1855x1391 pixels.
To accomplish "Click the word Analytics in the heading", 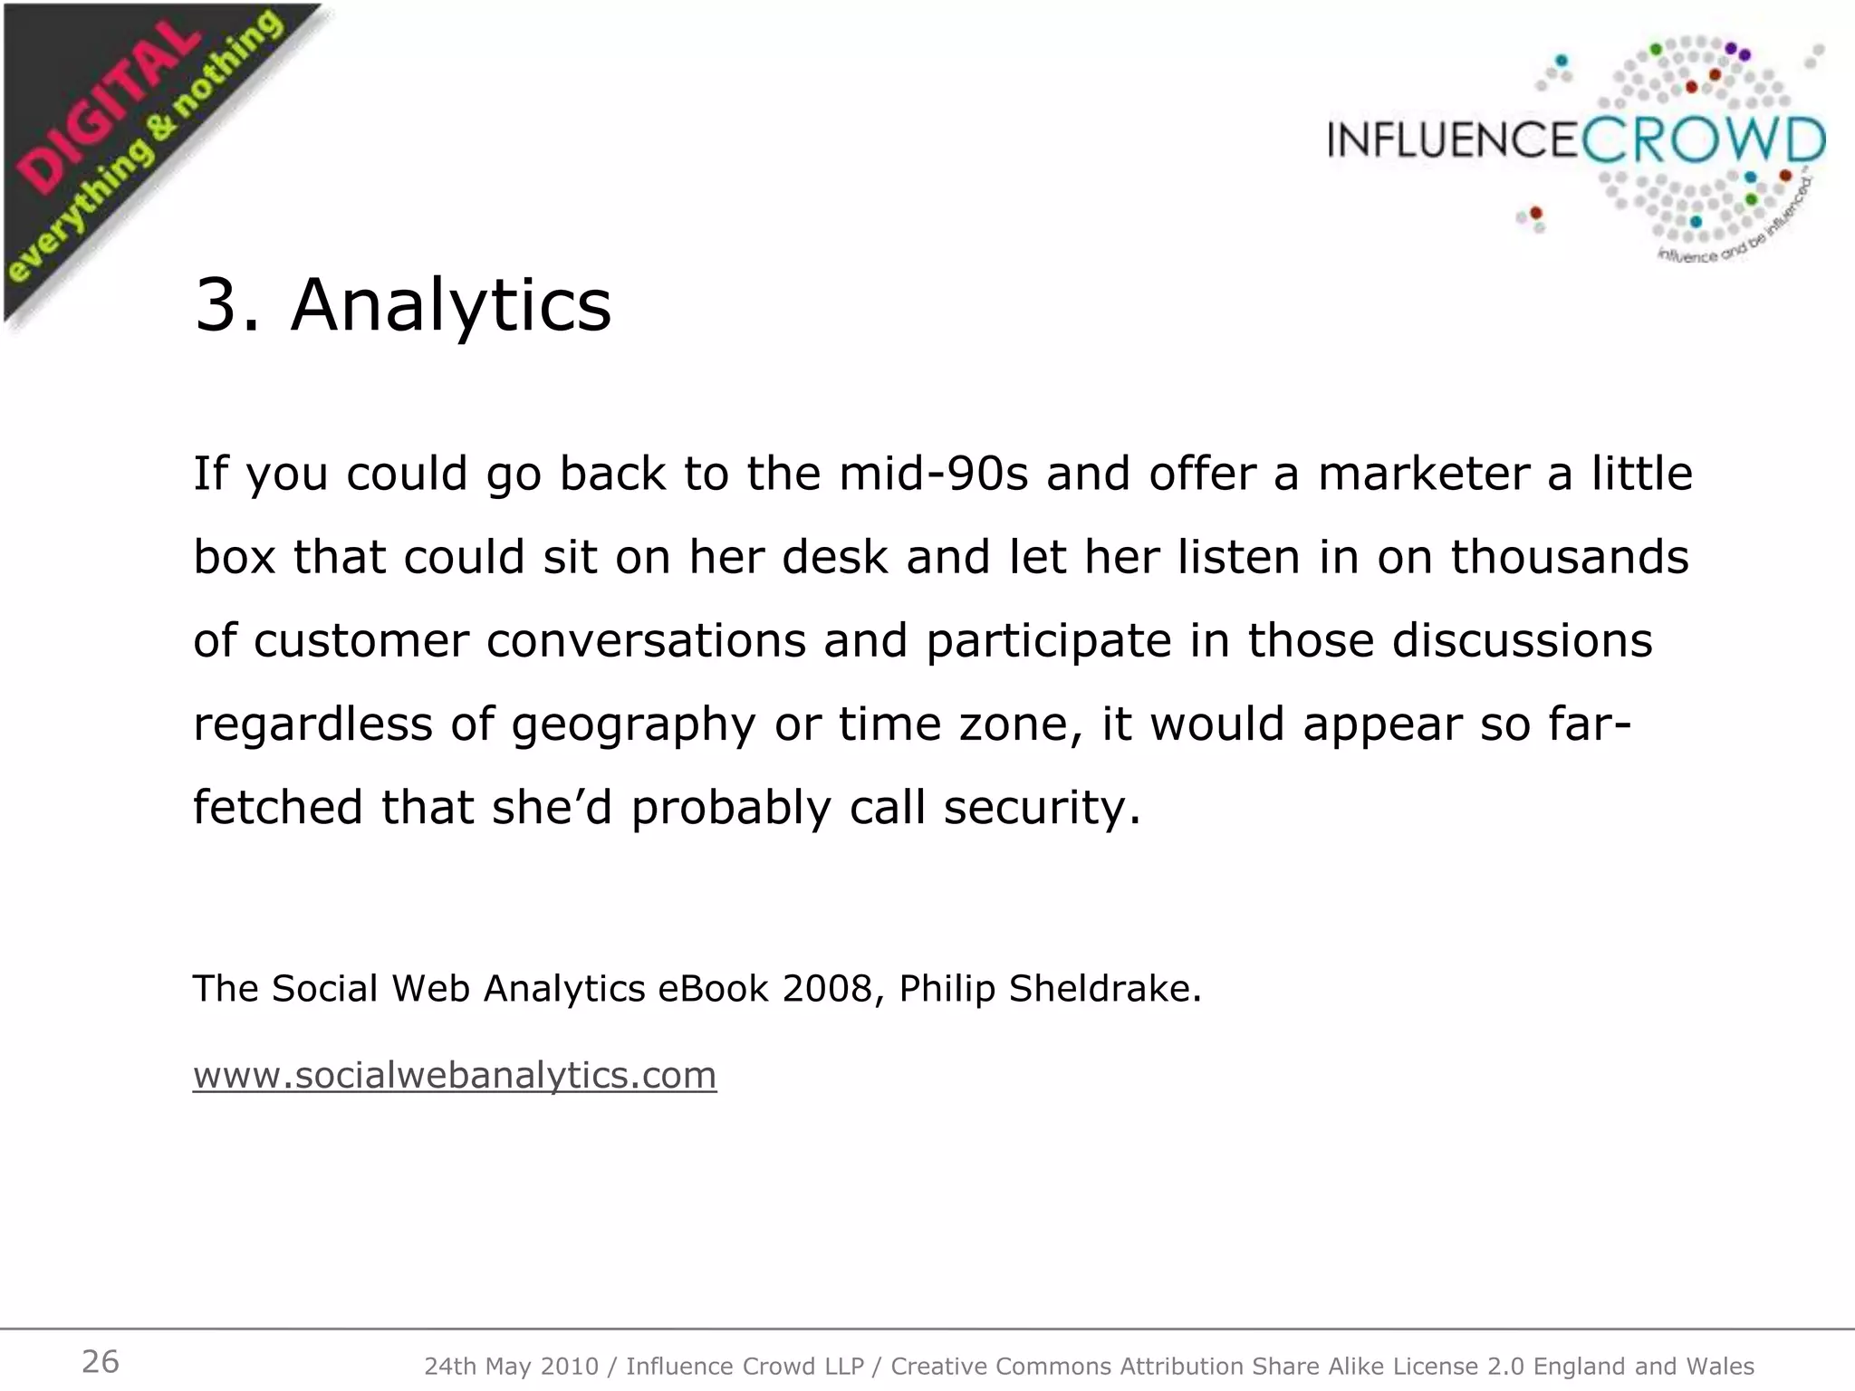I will pyautogui.click(x=450, y=306).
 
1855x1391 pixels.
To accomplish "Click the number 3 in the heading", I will pyautogui.click(x=216, y=306).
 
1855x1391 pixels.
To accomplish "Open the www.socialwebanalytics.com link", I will pyautogui.click(x=455, y=1075).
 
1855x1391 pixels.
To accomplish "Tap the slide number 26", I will pyautogui.click(x=100, y=1361).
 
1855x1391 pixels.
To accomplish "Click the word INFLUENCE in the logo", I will pyautogui.click(x=1452, y=141).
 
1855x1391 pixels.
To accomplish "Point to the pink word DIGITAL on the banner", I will pyautogui.click(x=109, y=113).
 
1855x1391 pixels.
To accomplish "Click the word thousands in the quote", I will pyautogui.click(x=1570, y=557).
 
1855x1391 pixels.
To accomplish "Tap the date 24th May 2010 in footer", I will pyautogui.click(x=511, y=1366).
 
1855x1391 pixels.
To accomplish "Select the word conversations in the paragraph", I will pyautogui.click(x=646, y=641).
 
